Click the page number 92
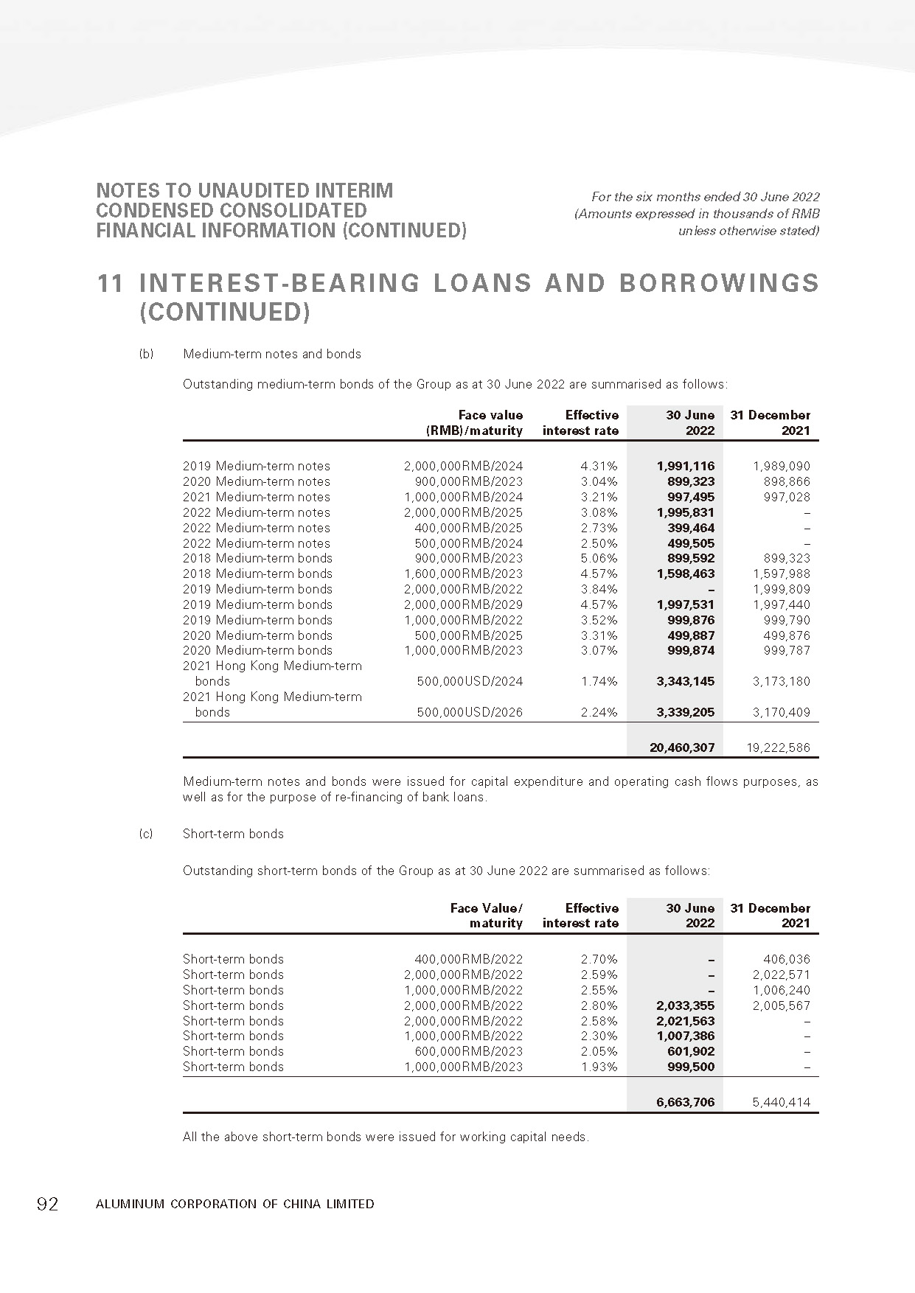click(47, 1204)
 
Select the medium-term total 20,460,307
click(682, 747)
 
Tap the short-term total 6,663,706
click(685, 1103)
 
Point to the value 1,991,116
click(685, 466)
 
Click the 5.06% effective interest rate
click(599, 559)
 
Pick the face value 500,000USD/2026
click(470, 712)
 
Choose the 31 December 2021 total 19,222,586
click(777, 747)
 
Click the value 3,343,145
click(685, 681)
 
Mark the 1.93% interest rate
click(599, 1067)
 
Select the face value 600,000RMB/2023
click(468, 1051)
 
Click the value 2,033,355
click(685, 1006)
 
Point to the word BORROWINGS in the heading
click(718, 284)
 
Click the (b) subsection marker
click(146, 354)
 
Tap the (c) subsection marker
click(146, 834)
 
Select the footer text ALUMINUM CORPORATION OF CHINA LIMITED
click(234, 1204)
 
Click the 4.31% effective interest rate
click(599, 466)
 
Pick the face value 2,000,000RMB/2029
click(463, 604)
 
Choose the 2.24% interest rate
click(599, 712)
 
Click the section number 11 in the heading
click(110, 284)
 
